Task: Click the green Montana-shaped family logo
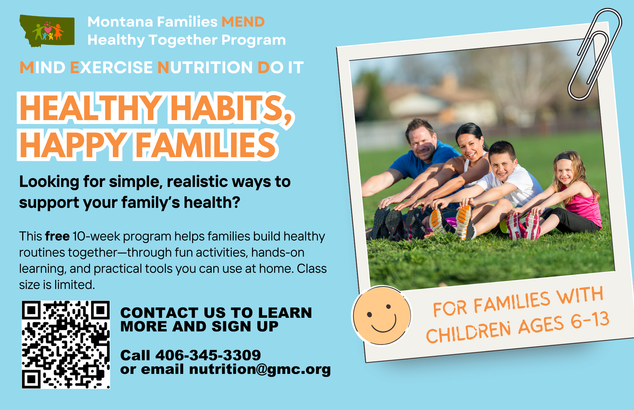pos(47,31)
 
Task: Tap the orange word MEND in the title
pos(243,22)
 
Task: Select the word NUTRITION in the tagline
pos(205,67)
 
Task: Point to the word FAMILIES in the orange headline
pos(206,145)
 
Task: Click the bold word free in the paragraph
pos(57,236)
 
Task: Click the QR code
pos(66,344)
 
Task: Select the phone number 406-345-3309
pos(208,355)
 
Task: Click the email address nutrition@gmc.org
pos(260,369)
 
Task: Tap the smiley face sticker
pos(382,316)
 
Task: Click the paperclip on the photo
pos(594,54)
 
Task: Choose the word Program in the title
pos(254,40)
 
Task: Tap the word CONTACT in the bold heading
pos(159,313)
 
